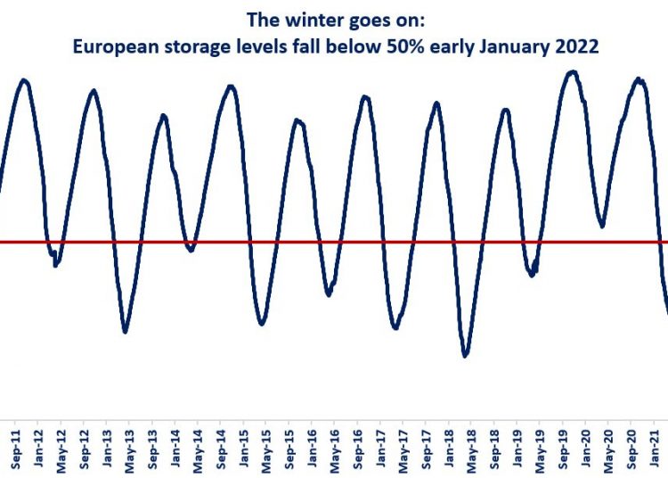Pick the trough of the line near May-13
tap(126, 332)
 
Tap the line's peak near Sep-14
tap(231, 87)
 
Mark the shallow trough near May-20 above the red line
tap(603, 225)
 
